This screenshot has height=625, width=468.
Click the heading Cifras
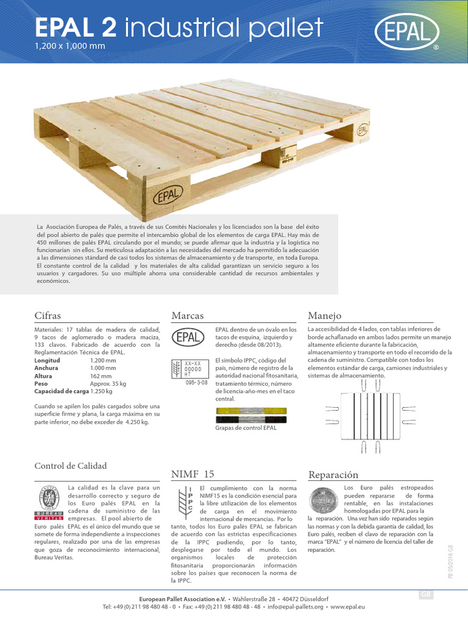pos(49,316)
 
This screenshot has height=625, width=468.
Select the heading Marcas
pos(187,316)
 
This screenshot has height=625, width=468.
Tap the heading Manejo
pos(325,316)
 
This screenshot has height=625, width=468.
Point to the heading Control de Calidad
pos(71,466)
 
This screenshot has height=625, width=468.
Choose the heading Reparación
pos(333,474)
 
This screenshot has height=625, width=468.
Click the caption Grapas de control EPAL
pos(246,428)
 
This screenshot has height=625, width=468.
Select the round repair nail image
pos(324,501)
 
